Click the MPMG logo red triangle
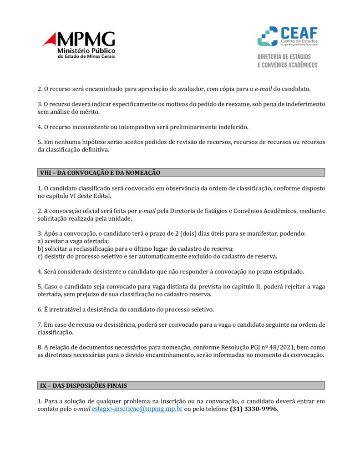pyautogui.click(x=49, y=41)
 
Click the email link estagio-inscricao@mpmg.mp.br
pyautogui.click(x=137, y=409)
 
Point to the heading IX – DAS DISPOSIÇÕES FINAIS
pyautogui.click(x=83, y=385)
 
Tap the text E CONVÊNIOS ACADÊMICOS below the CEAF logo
pyautogui.click(x=287, y=65)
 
